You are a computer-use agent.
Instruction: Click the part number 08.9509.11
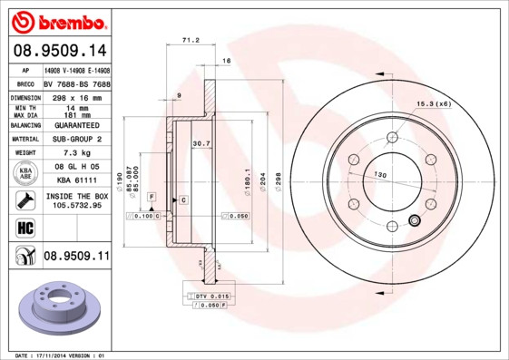tap(76, 257)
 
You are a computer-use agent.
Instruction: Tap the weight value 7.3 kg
tap(76, 153)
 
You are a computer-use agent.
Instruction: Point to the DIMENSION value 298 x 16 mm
tap(76, 96)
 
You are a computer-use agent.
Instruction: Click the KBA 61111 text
tap(76, 181)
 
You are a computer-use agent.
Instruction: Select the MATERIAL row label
tap(24, 139)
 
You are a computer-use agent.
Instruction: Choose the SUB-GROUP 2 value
tap(76, 139)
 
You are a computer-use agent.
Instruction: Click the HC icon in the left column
tap(24, 227)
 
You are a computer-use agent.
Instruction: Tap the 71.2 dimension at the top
tap(191, 41)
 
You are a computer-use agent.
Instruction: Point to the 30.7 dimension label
tap(201, 143)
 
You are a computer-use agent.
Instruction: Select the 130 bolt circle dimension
tap(381, 174)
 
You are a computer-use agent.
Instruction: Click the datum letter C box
tap(182, 199)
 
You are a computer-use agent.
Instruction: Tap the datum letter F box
tap(152, 197)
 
